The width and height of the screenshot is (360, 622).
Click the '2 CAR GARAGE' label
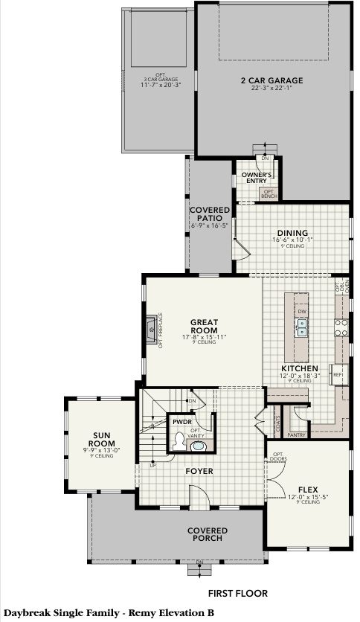point(271,80)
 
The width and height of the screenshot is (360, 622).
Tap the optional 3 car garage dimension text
point(161,85)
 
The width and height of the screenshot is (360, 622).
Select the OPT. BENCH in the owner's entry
point(268,193)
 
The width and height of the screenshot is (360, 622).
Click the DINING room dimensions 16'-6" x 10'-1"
point(292,240)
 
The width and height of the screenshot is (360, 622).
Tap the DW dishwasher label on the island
point(302,311)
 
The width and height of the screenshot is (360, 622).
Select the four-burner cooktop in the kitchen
point(341,327)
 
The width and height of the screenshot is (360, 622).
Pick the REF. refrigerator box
point(338,374)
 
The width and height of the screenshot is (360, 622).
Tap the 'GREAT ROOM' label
point(204,326)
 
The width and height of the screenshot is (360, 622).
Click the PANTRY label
point(297,434)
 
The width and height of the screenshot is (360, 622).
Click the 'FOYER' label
point(199,471)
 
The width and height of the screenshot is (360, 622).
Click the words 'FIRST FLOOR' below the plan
point(238,593)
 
